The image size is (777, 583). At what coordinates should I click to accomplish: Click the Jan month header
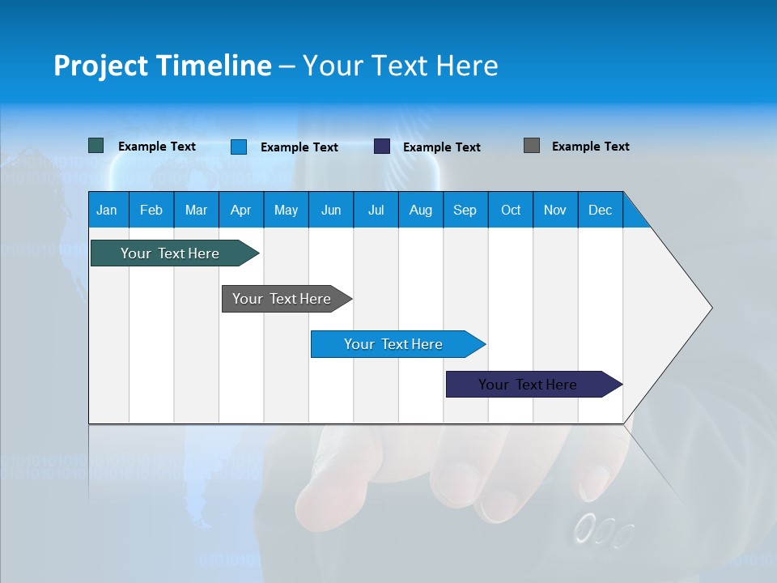[108, 210]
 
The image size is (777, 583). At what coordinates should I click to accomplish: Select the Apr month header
[241, 210]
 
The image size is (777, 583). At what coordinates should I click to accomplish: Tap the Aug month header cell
[421, 210]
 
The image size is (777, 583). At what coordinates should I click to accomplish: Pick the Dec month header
[601, 210]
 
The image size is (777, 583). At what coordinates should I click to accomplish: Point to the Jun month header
[331, 210]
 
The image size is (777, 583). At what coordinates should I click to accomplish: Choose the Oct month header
[511, 210]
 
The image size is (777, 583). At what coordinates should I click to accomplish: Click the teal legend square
[96, 146]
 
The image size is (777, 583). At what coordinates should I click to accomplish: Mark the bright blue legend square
[239, 147]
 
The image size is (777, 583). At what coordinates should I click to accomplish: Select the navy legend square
[382, 147]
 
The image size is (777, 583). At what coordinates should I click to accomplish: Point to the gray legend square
[532, 146]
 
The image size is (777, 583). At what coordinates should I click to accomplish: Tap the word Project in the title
[100, 66]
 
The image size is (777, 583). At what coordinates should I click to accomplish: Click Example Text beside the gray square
[590, 147]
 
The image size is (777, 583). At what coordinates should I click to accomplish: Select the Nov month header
[555, 210]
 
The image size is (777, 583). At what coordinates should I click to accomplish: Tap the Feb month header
[151, 210]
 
